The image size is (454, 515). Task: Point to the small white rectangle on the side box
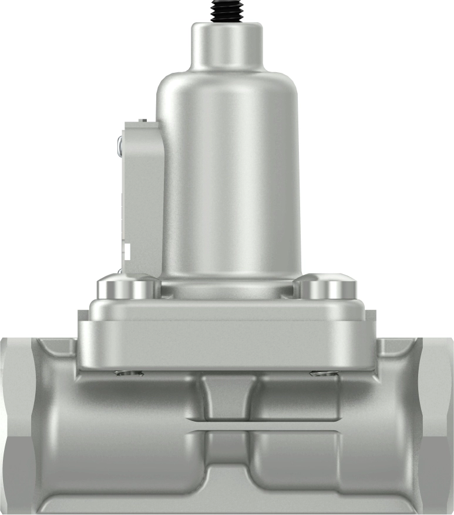pos(126,252)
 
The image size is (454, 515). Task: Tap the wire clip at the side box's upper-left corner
pos(120,146)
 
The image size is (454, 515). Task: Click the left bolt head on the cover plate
pos(127,288)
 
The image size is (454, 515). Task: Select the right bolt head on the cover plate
pos(327,288)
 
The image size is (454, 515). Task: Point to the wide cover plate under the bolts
pos(227,338)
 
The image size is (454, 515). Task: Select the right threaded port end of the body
pos(438,423)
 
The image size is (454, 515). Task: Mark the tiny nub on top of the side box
pos(142,120)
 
